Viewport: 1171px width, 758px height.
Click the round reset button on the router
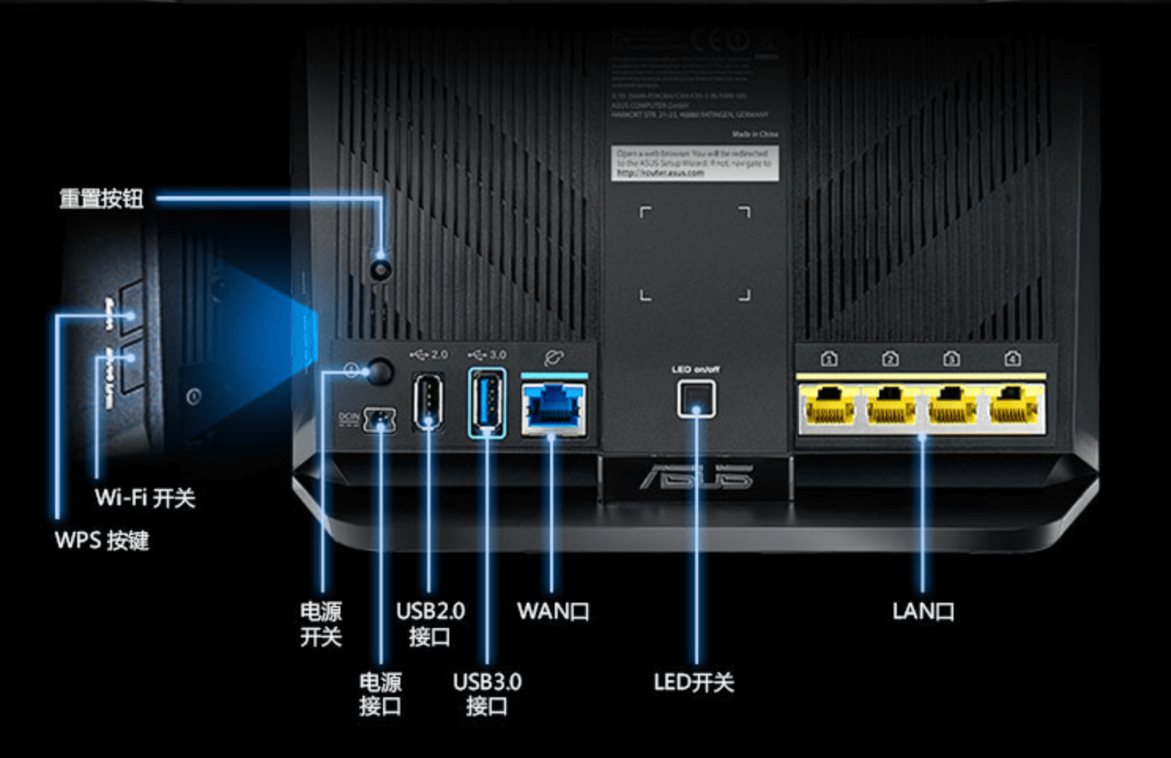click(381, 269)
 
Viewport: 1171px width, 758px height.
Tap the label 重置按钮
click(102, 199)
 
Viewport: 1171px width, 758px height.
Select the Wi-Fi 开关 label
click(145, 498)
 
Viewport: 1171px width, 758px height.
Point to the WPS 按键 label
click(102, 541)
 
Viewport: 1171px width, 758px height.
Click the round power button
click(381, 371)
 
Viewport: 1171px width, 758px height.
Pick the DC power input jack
click(379, 420)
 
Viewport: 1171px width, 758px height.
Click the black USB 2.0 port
click(428, 402)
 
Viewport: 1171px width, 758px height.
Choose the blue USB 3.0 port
click(487, 402)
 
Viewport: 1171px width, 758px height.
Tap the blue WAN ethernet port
click(554, 408)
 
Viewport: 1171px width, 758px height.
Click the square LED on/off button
click(697, 399)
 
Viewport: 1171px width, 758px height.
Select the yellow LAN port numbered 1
click(827, 407)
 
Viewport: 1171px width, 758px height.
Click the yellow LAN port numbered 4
click(1015, 407)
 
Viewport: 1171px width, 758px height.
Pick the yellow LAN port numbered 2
click(890, 407)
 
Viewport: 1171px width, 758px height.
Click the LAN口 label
click(923, 611)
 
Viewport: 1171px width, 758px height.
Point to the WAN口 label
click(552, 611)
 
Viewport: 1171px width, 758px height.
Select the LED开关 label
click(693, 682)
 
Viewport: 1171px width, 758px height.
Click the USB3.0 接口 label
click(487, 693)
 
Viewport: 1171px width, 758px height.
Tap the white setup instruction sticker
click(694, 163)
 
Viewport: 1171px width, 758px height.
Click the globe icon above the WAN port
click(554, 358)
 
